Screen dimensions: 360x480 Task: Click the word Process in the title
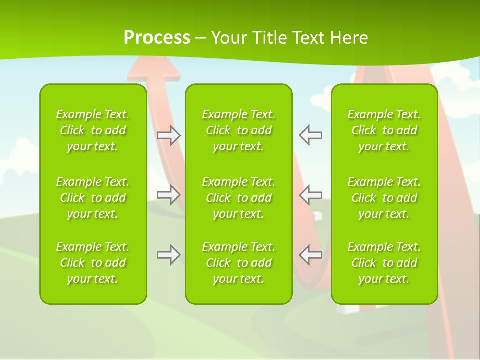(157, 38)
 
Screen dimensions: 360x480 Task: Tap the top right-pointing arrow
(169, 135)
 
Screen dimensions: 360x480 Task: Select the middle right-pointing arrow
(169, 194)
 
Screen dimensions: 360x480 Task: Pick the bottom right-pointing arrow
(169, 255)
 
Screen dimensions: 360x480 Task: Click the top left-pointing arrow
(310, 135)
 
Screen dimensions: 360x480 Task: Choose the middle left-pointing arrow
(310, 194)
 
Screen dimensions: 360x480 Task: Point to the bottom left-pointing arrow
(310, 255)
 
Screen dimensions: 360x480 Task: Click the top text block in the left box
(93, 130)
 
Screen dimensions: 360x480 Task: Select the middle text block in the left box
(93, 198)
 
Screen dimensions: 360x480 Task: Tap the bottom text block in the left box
(93, 263)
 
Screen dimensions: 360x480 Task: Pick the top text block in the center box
(239, 130)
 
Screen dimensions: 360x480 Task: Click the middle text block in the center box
(239, 198)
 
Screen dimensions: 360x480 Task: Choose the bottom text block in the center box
(239, 263)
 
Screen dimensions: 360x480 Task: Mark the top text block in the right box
(384, 130)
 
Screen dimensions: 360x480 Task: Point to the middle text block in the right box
(384, 198)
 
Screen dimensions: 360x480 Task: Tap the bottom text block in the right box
(384, 263)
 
